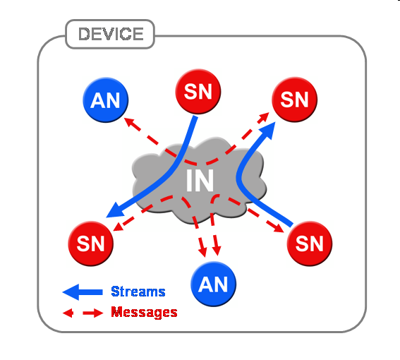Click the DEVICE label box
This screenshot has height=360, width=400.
pyautogui.click(x=110, y=34)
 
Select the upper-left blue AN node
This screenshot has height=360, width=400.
pyautogui.click(x=105, y=100)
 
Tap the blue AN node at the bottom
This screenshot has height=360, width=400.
pyautogui.click(x=213, y=284)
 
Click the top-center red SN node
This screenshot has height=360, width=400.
pyautogui.click(x=198, y=91)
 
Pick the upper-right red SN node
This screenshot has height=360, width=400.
pyautogui.click(x=294, y=100)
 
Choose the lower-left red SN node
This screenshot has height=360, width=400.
pyautogui.click(x=90, y=244)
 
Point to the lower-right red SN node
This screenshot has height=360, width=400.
pyautogui.click(x=310, y=244)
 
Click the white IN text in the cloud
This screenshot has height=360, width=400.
pyautogui.click(x=200, y=180)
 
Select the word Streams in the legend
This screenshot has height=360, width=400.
pyautogui.click(x=138, y=292)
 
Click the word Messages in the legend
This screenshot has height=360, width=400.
pyautogui.click(x=144, y=312)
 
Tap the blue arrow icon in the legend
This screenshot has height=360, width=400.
pyautogui.click(x=83, y=292)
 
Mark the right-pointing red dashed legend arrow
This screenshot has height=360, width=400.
pyautogui.click(x=93, y=313)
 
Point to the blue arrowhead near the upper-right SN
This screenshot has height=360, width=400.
pyautogui.click(x=267, y=130)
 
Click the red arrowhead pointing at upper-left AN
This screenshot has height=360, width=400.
pyautogui.click(x=129, y=122)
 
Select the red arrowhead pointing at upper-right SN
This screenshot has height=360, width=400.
pyautogui.click(x=264, y=117)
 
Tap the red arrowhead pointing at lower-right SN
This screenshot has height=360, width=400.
pyautogui.click(x=279, y=228)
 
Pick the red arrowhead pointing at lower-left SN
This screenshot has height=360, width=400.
pyautogui.click(x=119, y=227)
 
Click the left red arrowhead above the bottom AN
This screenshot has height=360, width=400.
pyautogui.click(x=202, y=251)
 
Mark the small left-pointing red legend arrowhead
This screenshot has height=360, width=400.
pyautogui.click(x=68, y=313)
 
